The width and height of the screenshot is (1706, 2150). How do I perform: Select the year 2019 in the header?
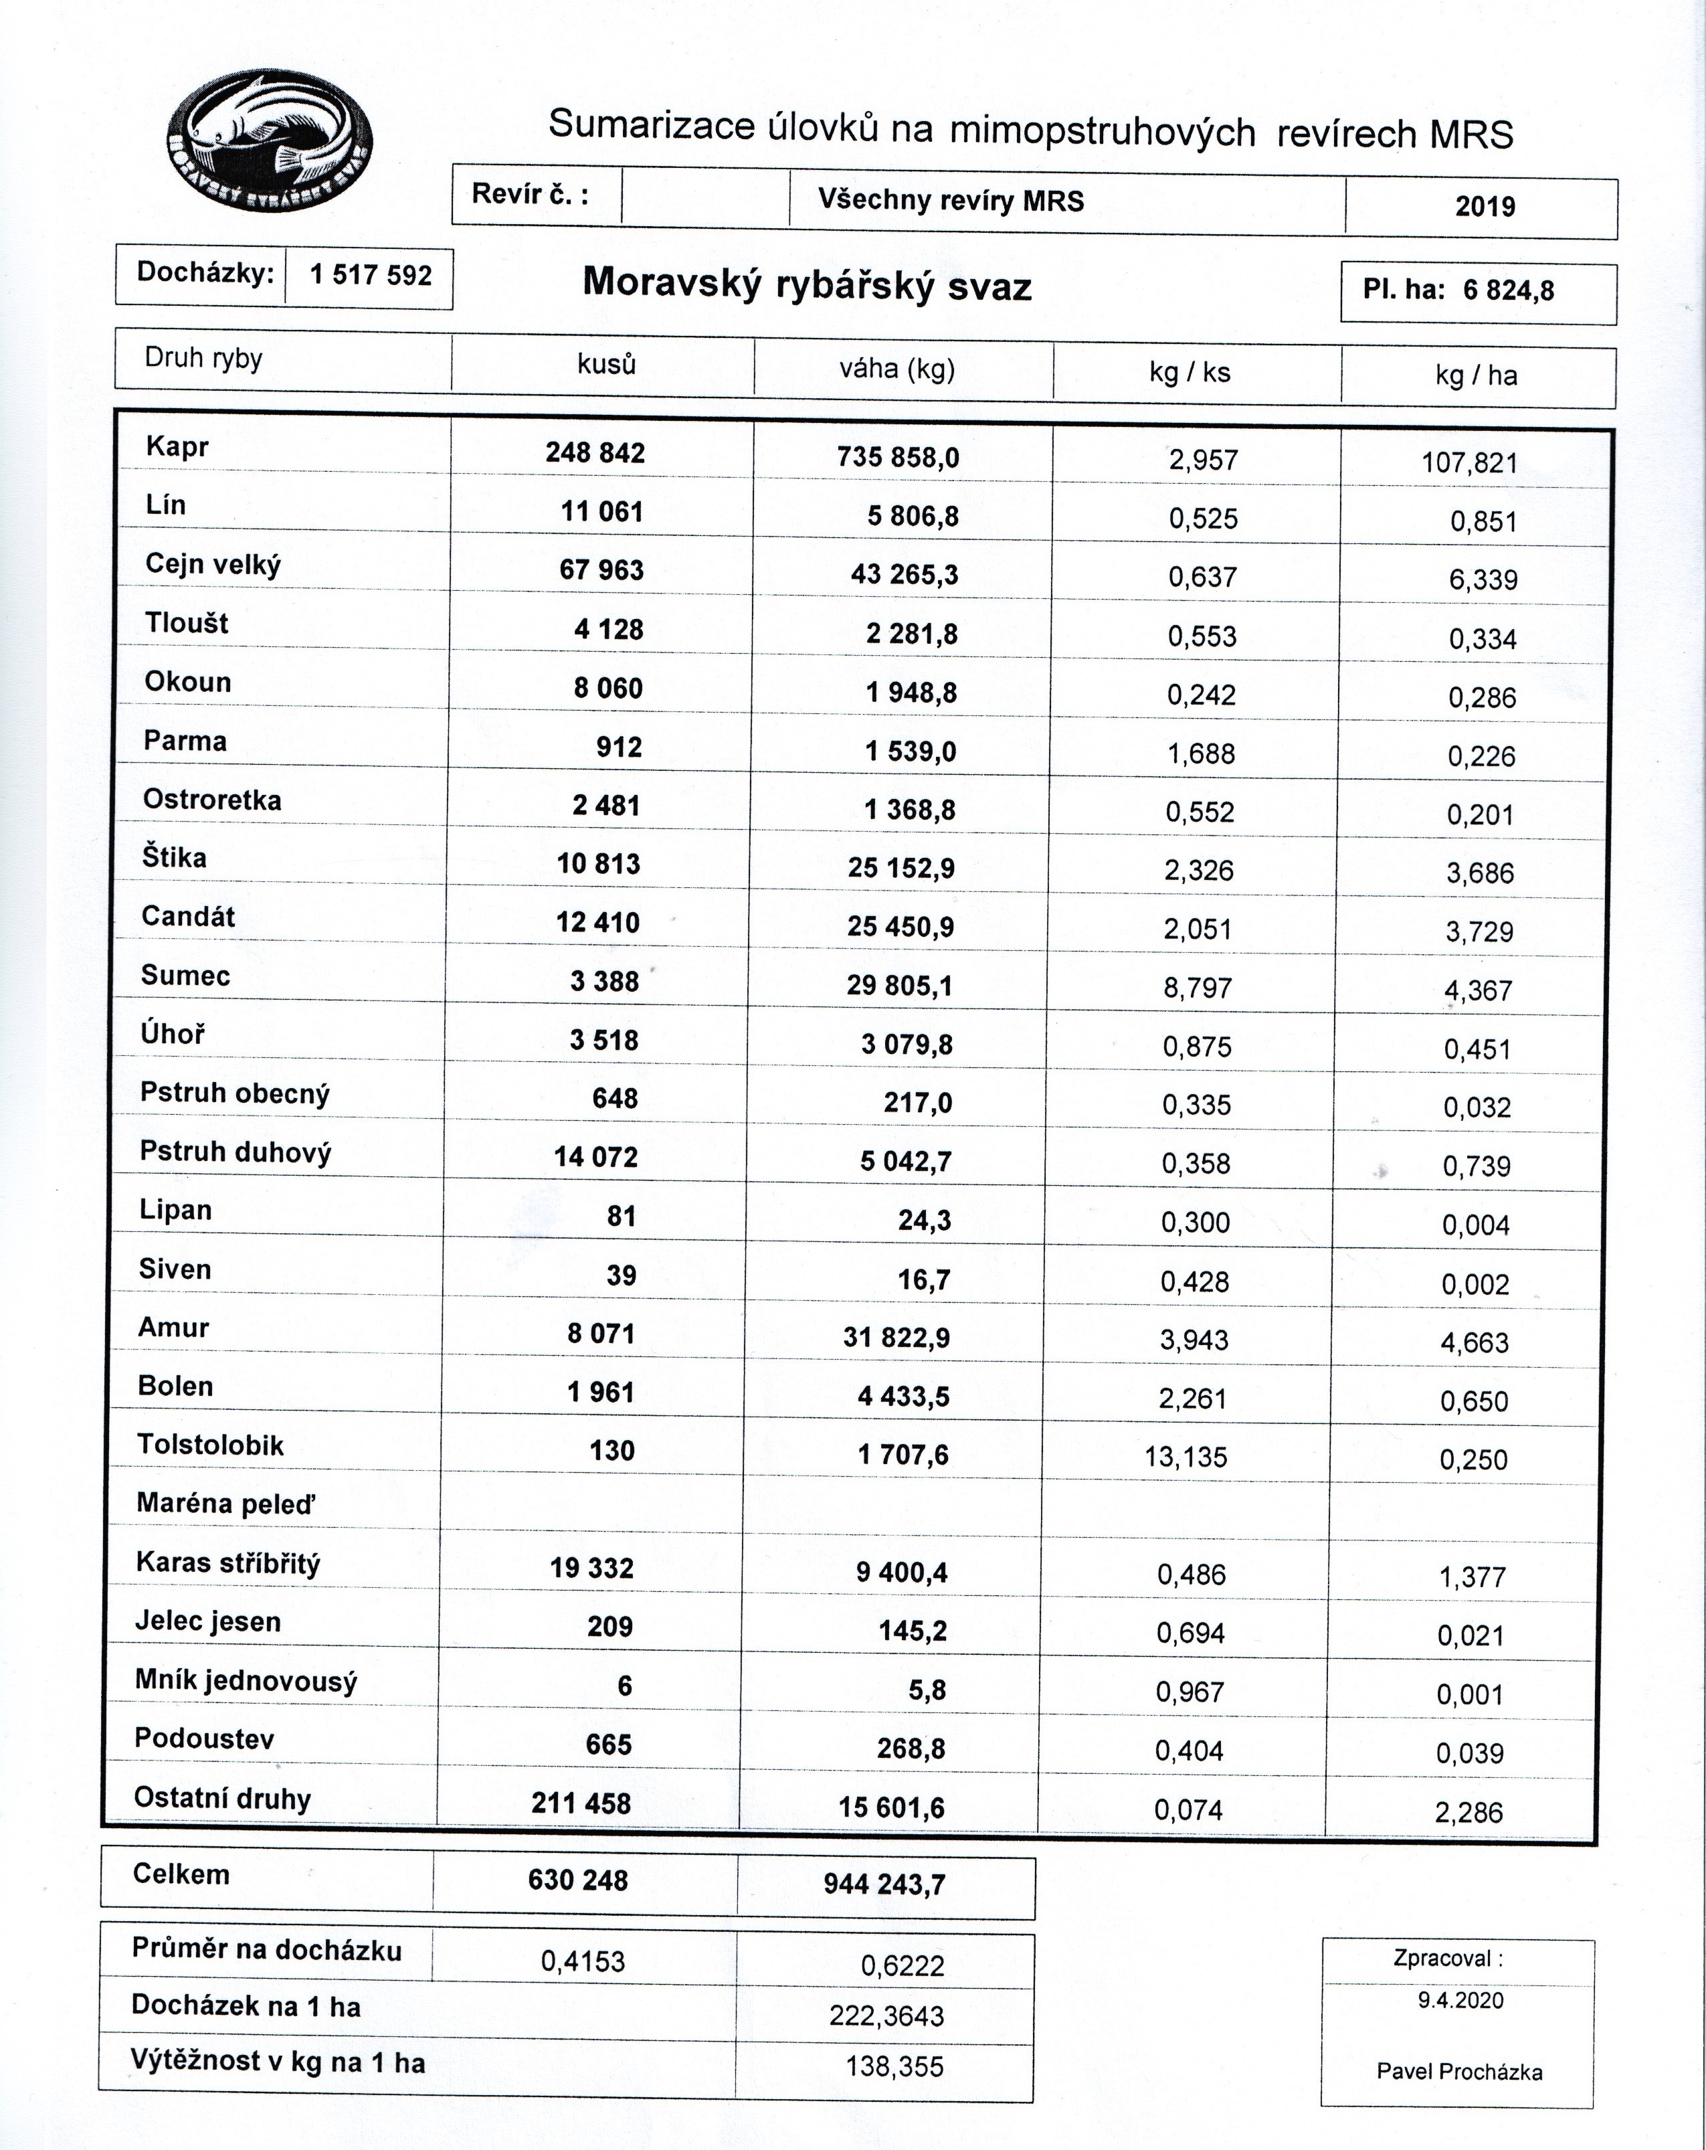(1484, 206)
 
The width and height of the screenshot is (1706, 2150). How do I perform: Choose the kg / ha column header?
(1476, 375)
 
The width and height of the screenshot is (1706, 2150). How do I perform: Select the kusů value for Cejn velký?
(601, 570)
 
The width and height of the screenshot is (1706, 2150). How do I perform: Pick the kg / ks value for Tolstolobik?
(1186, 1457)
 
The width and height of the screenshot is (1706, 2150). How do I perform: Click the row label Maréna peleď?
(225, 1504)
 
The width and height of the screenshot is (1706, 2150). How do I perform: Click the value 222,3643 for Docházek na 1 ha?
(885, 2015)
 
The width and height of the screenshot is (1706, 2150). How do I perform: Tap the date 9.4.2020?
(1460, 1999)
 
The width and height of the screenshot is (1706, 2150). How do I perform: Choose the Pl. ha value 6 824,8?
(1507, 290)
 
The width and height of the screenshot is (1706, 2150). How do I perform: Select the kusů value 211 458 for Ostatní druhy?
(581, 1803)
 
